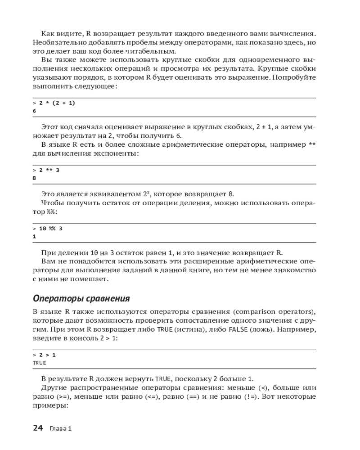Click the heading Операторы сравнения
coord(81,298)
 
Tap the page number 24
coord(38,428)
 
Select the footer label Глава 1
coord(61,428)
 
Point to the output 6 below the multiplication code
coord(34,111)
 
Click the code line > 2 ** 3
coord(46,170)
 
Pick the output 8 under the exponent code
coord(34,178)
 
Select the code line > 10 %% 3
coord(48,228)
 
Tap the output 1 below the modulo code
coord(34,236)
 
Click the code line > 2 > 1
coord(44,355)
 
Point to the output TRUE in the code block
coord(40,362)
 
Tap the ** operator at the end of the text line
coord(312,144)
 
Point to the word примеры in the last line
coord(49,405)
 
